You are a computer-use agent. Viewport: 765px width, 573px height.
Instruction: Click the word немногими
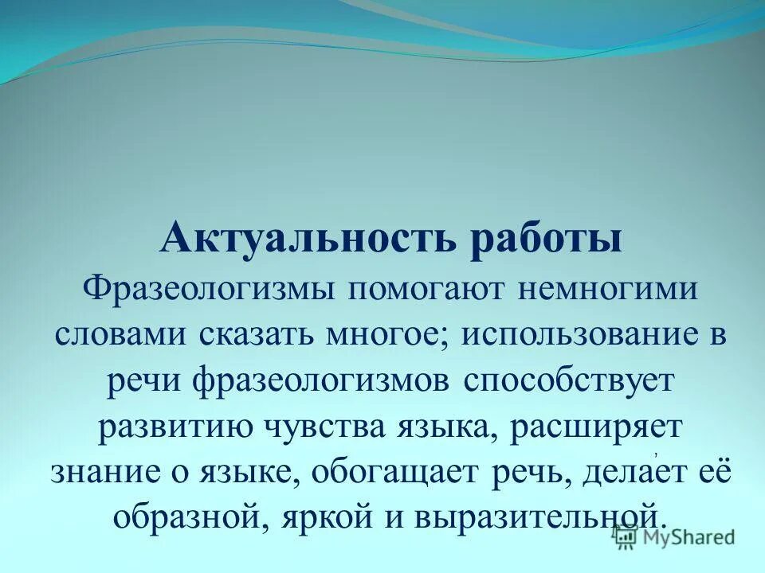(609, 289)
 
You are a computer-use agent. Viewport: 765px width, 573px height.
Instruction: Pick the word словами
(117, 334)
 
